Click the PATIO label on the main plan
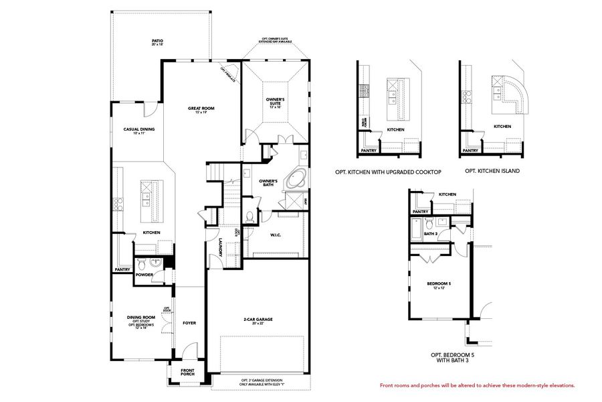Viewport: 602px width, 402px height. click(x=157, y=41)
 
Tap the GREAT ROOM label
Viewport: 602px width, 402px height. click(x=201, y=108)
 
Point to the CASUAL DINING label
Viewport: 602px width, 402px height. click(x=139, y=129)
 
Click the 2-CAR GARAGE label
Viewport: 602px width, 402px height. click(x=258, y=320)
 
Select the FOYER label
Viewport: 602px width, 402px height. click(x=189, y=323)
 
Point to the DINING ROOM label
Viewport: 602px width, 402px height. click(x=141, y=318)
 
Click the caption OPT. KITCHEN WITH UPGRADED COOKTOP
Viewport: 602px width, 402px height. click(x=388, y=172)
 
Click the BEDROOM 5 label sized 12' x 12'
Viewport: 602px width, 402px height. click(x=439, y=284)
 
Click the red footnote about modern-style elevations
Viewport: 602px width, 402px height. click(x=477, y=385)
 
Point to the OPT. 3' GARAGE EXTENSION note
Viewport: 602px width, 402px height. click(x=262, y=382)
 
